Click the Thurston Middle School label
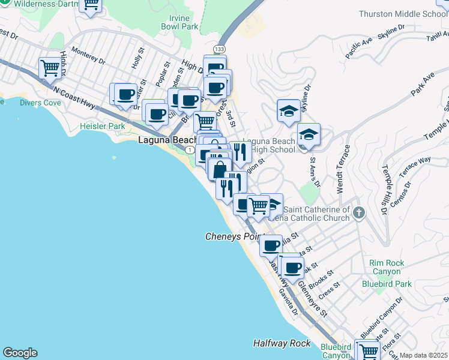coord(403,14)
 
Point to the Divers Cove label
coord(40,103)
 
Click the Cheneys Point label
coord(232,236)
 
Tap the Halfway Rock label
coord(282,343)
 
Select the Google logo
coord(20,353)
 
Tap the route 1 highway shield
coord(189,149)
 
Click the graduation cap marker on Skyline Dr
coord(289,111)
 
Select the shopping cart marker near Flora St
coord(366,350)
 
